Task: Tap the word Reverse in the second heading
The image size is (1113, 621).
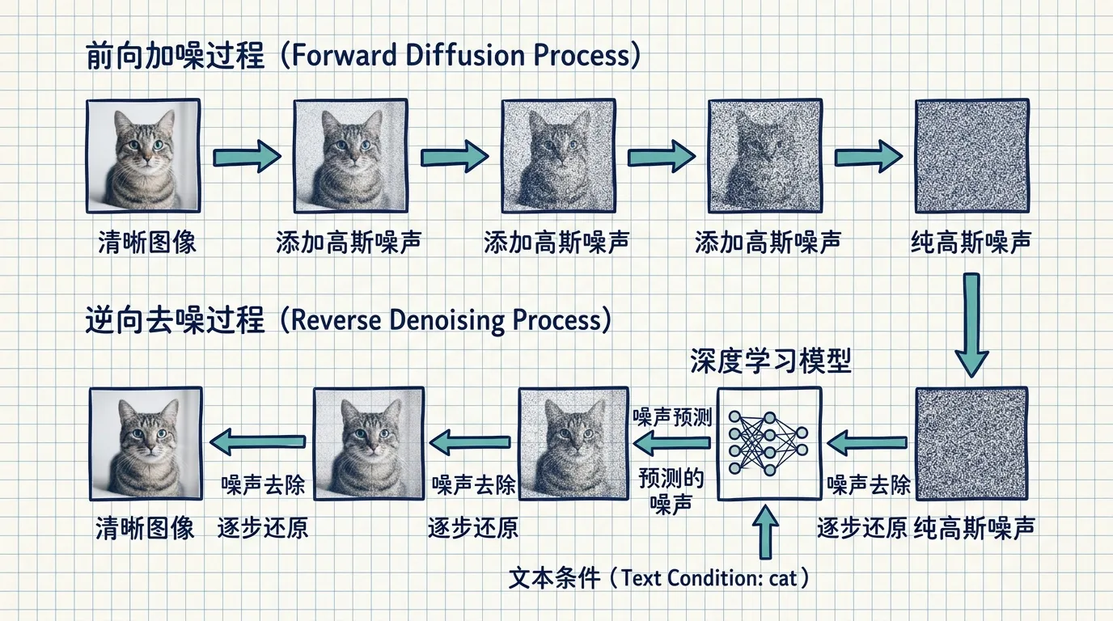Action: click(336, 320)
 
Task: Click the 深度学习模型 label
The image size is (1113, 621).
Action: click(771, 361)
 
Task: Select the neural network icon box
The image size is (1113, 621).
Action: click(769, 444)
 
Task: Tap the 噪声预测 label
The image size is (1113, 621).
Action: click(672, 417)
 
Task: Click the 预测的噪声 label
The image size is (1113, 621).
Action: click(671, 491)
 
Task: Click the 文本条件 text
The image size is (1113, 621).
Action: click(555, 578)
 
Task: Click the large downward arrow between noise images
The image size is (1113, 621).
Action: click(971, 325)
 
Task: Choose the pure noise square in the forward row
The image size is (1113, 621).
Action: click(972, 156)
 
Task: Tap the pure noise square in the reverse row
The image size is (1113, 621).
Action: click(972, 444)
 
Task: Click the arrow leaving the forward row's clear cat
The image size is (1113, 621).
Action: click(247, 157)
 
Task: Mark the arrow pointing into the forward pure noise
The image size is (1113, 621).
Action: click(868, 157)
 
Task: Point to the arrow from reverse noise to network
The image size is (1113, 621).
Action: click(867, 442)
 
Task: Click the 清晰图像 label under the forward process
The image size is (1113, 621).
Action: click(147, 243)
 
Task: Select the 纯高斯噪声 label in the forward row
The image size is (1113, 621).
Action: click(971, 243)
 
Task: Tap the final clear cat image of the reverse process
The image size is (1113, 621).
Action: click(146, 444)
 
